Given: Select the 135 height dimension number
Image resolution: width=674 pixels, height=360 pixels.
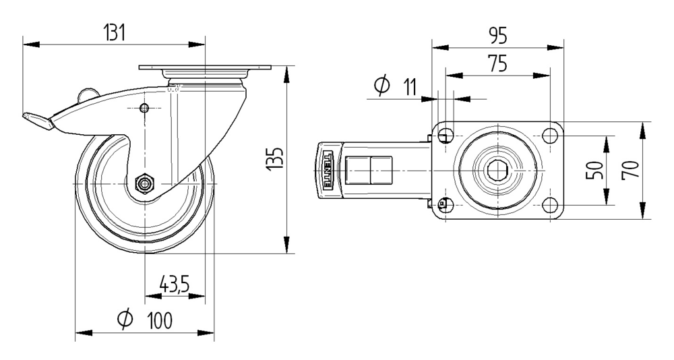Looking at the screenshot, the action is (x=275, y=159).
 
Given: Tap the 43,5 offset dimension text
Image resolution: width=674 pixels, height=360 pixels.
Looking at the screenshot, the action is (x=175, y=284).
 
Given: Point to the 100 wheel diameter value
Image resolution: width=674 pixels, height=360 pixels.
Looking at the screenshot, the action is (x=160, y=320).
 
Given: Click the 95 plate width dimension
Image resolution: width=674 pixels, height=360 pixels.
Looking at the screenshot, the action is (x=498, y=36).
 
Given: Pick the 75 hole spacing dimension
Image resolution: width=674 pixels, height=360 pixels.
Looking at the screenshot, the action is (x=497, y=63).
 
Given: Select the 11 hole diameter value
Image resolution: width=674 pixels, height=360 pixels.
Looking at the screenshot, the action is (x=410, y=87).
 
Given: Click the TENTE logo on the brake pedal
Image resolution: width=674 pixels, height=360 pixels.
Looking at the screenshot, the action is (x=328, y=171).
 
